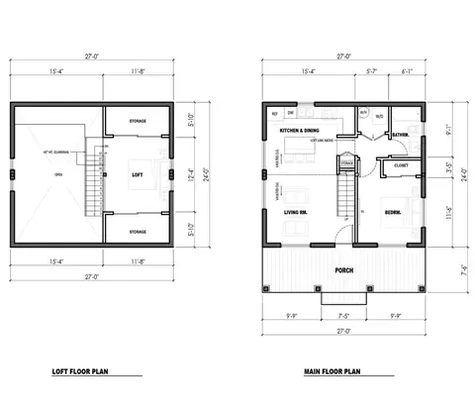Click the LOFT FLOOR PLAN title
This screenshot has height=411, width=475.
click(88, 372)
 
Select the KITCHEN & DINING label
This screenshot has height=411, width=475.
click(300, 130)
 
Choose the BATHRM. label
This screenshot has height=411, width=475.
click(401, 134)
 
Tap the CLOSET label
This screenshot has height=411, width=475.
click(401, 165)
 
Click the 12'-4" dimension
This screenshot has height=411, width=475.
click(192, 174)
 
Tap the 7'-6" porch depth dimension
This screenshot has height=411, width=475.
click(448, 267)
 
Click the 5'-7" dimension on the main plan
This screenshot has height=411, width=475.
click(372, 71)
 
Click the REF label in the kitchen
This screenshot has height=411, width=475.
click(274, 113)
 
